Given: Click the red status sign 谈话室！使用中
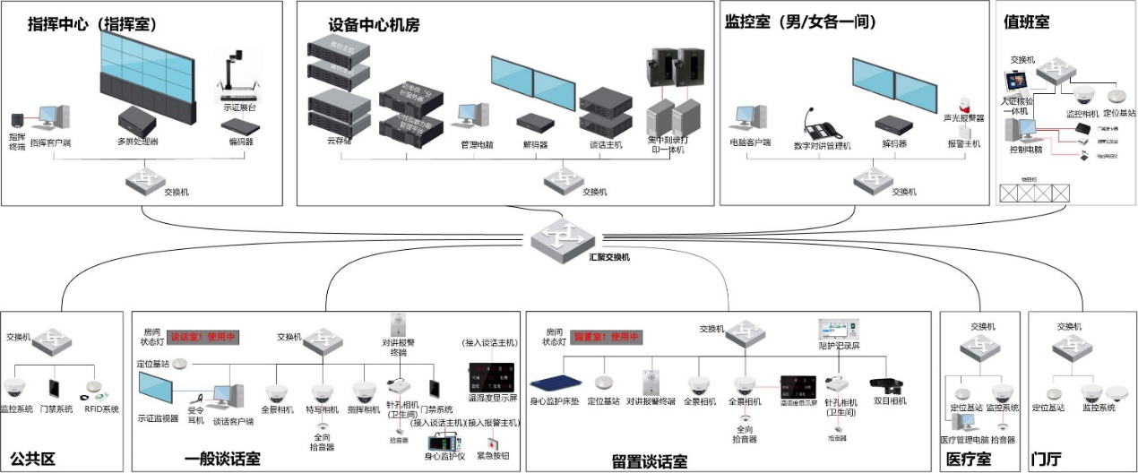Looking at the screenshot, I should (x=202, y=338).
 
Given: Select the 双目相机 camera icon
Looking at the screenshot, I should (x=889, y=386).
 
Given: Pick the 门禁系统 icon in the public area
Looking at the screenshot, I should (x=55, y=389).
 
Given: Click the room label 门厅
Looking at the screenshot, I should (x=1045, y=460).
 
